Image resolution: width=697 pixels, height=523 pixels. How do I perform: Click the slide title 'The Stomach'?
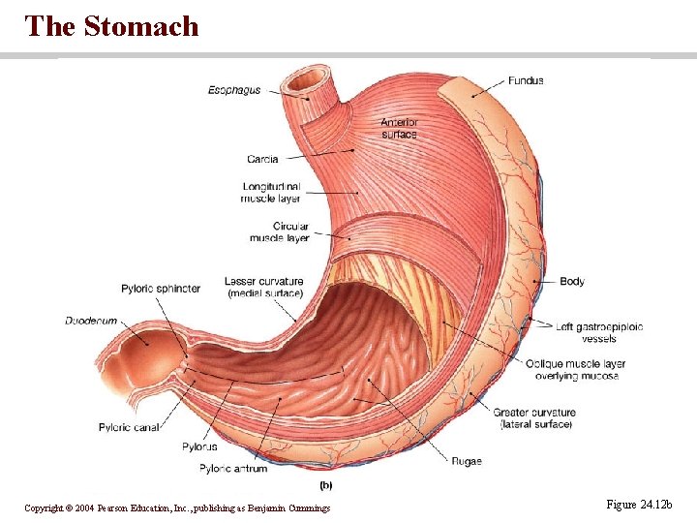coord(112,26)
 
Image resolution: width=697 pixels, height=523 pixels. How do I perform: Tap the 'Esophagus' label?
coord(234,91)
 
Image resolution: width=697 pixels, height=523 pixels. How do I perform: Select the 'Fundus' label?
coord(526,81)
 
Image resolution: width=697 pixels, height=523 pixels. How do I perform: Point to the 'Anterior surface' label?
coord(398,128)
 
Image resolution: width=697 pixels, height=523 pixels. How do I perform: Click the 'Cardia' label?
coord(262,159)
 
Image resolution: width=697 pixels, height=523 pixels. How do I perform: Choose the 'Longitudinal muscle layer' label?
coord(271,192)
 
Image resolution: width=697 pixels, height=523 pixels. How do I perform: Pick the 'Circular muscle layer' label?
coord(280,231)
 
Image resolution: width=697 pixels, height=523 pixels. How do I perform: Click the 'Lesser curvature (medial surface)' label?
coord(264,287)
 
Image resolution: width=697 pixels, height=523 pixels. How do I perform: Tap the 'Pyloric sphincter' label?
coord(161,289)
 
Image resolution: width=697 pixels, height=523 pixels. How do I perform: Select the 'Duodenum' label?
coord(91,321)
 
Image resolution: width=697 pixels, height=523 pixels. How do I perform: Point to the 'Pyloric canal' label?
coord(130,427)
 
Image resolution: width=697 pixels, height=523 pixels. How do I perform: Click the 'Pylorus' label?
coord(199,446)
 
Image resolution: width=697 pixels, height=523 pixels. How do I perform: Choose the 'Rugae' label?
coord(466,461)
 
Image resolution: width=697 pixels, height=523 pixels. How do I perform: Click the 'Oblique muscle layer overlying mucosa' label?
coord(575,370)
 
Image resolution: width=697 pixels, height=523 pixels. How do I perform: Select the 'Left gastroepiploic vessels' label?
coord(599,332)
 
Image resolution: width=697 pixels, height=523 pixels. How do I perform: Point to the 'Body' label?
coord(572,282)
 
